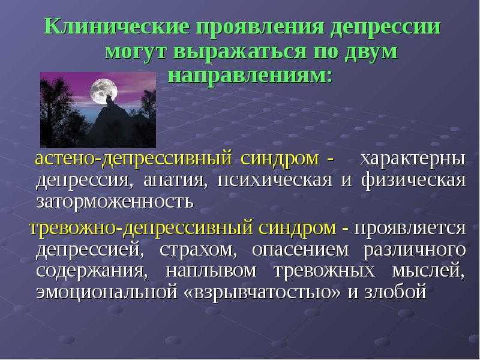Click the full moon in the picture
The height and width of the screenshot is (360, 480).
point(104,91)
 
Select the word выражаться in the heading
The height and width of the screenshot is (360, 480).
point(240,51)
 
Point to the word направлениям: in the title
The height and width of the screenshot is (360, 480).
point(250,74)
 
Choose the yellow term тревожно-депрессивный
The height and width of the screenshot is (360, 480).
point(141,229)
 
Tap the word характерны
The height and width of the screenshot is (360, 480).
point(413,159)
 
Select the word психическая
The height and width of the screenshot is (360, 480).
point(275,179)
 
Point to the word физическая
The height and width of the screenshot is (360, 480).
point(413,179)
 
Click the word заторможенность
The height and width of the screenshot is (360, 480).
point(115,202)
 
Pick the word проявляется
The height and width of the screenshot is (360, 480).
point(410,228)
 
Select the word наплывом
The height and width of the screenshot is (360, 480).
point(211,271)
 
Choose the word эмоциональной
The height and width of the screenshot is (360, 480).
point(107,292)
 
